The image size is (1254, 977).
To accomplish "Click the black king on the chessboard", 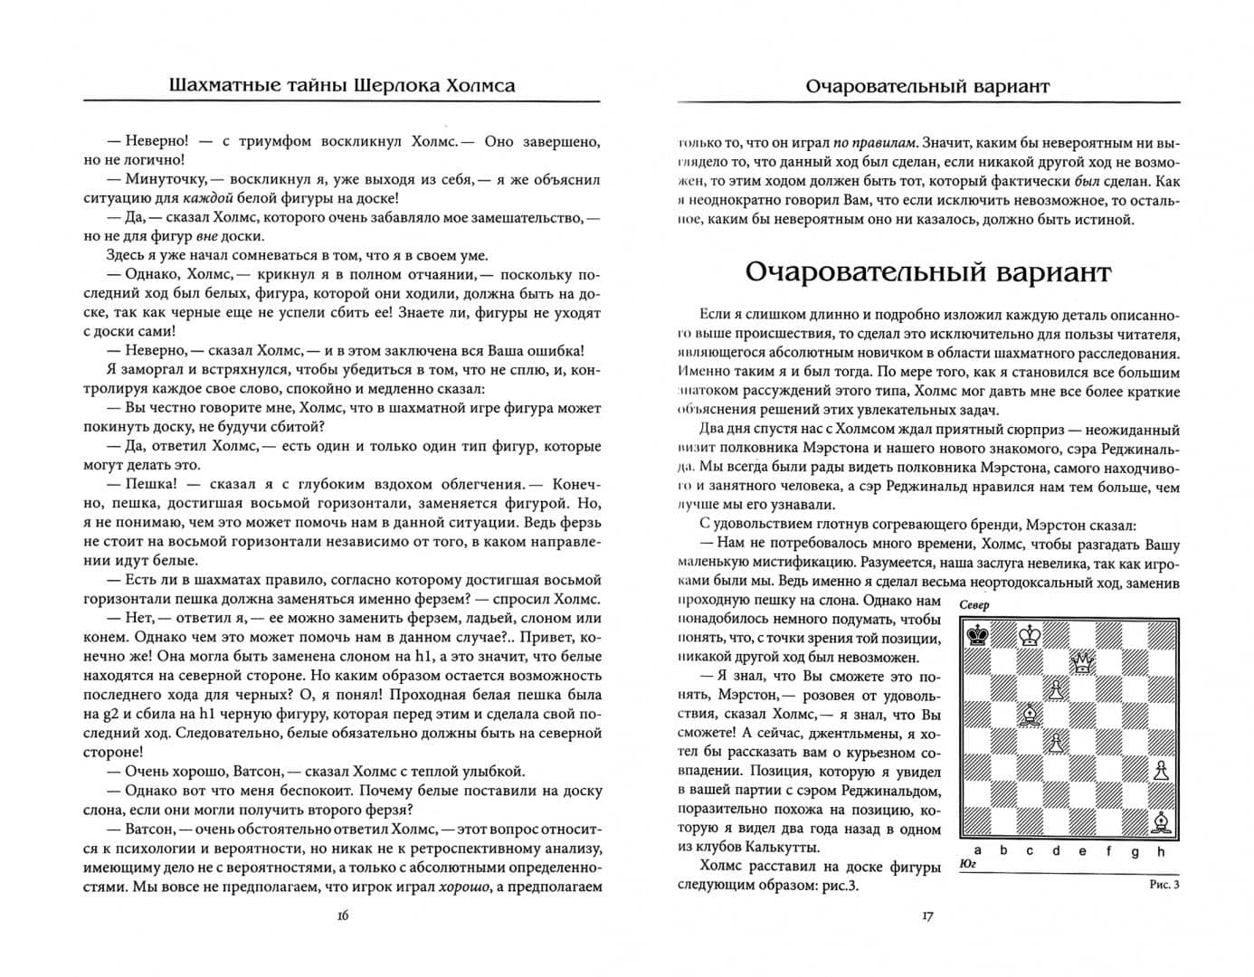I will click(x=977, y=635).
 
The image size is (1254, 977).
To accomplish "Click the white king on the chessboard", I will click(x=1030, y=635).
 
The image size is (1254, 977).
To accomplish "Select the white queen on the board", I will click(x=1082, y=663).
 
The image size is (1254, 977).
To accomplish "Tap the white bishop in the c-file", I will click(x=1030, y=716).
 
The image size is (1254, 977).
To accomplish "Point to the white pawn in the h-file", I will click(x=1161, y=770).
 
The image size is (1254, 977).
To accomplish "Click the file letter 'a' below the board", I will click(x=977, y=850).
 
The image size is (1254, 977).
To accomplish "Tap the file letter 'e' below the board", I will click(x=1082, y=850).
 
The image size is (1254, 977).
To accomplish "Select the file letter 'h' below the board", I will click(x=1161, y=850).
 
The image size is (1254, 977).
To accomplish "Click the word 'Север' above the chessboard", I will click(x=974, y=605).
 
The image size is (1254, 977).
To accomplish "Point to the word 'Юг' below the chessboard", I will click(x=965, y=865).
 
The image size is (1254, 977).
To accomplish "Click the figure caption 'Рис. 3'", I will click(x=1164, y=885).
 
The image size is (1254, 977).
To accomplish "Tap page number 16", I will click(x=342, y=915).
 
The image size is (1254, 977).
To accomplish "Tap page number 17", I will click(x=926, y=915).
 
